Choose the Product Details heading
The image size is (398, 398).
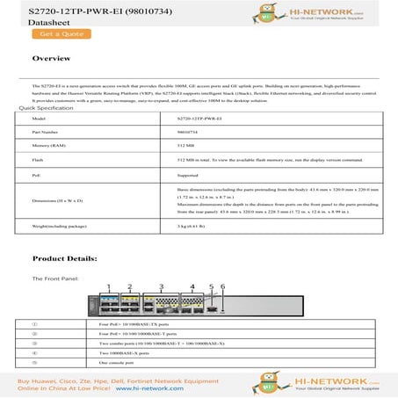coord(64,259)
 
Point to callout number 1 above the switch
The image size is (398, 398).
coord(108,286)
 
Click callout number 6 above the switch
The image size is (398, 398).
coord(223,286)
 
